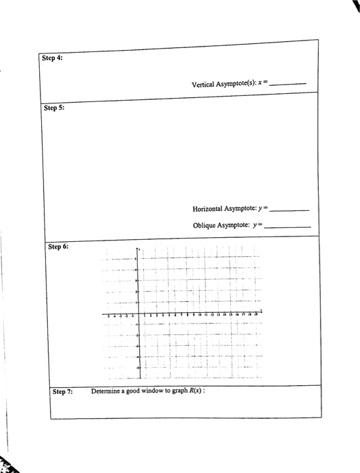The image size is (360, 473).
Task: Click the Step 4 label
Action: pyautogui.click(x=52, y=58)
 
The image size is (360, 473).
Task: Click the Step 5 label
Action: pyautogui.click(x=53, y=107)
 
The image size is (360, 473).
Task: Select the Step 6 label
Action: pyautogui.click(x=57, y=247)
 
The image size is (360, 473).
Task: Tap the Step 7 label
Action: pyautogui.click(x=63, y=391)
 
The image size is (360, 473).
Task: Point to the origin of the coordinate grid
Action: pyautogui.click(x=139, y=314)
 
